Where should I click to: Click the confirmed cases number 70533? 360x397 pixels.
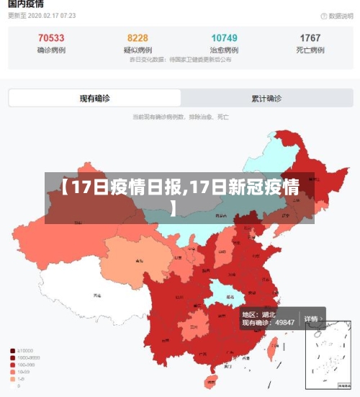point(50,38)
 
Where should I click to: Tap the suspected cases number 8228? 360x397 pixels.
point(138,38)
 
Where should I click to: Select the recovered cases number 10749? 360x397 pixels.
point(224,38)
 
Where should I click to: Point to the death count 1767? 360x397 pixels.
point(310,38)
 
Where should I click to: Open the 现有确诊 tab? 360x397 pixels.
point(94,98)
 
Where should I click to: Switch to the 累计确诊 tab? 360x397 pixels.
point(266,98)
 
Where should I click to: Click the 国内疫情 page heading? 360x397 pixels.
point(26,4)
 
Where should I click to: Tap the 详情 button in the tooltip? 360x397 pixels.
point(311,318)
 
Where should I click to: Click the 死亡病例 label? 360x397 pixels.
point(310,50)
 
